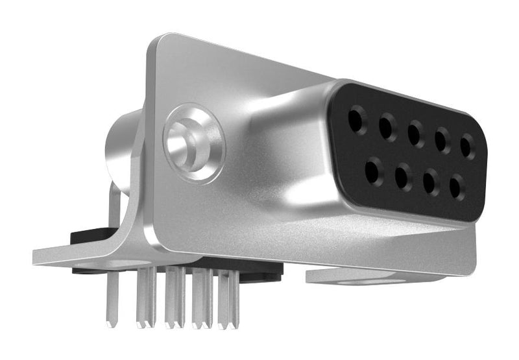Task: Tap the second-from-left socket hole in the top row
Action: pos(387,127)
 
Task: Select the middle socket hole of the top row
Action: pos(415,134)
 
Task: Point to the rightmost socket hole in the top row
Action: pos(467,147)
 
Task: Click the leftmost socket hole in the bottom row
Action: pos(374,171)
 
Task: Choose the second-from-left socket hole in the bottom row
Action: pos(403,176)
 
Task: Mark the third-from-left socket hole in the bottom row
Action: pos(431,182)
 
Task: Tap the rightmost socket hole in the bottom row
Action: pos(457,187)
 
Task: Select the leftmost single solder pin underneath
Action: pos(110,298)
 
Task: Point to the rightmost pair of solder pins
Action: pos(228,298)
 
